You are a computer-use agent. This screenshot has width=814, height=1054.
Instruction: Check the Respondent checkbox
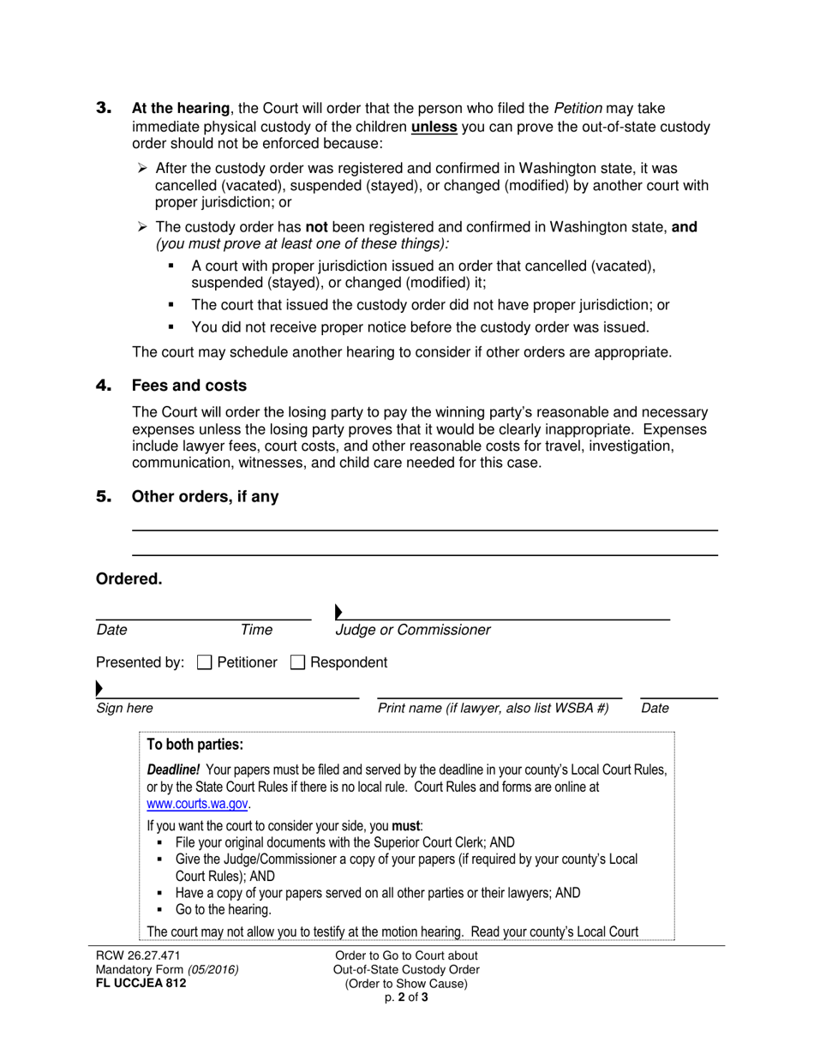(297, 662)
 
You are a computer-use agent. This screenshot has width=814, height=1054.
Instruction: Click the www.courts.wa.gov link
(198, 804)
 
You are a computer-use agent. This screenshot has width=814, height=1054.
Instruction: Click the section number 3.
(104, 108)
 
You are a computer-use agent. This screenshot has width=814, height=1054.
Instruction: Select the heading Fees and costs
(189, 386)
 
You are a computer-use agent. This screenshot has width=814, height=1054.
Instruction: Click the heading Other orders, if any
(205, 496)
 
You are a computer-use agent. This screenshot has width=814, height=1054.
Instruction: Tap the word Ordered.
(129, 579)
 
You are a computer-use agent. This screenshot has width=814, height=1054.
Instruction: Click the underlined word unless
(434, 127)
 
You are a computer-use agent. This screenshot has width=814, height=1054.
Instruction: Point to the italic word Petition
(578, 108)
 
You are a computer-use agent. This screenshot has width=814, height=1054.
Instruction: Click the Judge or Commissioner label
(413, 630)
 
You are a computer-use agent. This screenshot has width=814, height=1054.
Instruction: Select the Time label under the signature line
(256, 630)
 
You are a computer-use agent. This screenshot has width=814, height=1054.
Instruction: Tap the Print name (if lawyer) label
(493, 708)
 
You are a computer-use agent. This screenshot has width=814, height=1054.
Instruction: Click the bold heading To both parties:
(195, 744)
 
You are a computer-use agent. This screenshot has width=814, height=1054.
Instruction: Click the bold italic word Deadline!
(176, 770)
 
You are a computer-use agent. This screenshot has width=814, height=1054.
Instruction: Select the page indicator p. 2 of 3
(406, 997)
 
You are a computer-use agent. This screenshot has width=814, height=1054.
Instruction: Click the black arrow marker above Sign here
(99, 688)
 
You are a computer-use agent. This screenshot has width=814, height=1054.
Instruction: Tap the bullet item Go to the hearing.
(223, 909)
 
